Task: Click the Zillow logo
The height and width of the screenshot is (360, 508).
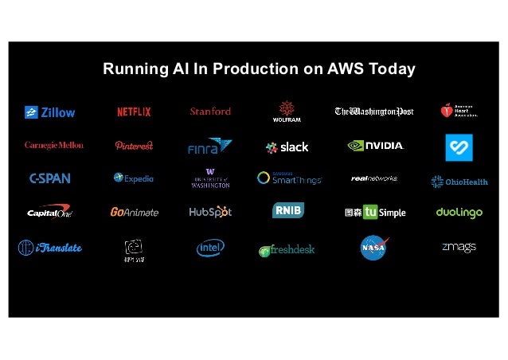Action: (49, 112)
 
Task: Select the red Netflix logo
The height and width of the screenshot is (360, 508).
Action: (134, 112)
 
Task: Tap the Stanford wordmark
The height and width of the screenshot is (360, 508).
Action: (210, 112)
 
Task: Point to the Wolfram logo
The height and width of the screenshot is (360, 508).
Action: (287, 112)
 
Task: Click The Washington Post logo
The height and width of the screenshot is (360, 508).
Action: (373, 112)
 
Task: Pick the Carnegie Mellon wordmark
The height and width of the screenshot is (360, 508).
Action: (54, 145)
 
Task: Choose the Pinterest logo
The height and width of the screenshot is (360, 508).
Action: (134, 146)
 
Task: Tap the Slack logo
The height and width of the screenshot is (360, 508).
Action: (287, 147)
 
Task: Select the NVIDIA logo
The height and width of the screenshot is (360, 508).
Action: (376, 146)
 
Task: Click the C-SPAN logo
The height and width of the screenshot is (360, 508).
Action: (49, 178)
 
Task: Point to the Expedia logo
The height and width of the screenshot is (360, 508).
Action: (134, 178)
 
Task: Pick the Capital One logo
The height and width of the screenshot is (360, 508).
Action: (49, 212)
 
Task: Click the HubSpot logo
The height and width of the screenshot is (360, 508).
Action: (210, 212)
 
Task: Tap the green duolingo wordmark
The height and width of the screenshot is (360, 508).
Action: (459, 212)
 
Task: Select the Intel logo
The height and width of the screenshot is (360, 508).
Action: (210, 248)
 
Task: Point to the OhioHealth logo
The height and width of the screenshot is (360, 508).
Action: (459, 182)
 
